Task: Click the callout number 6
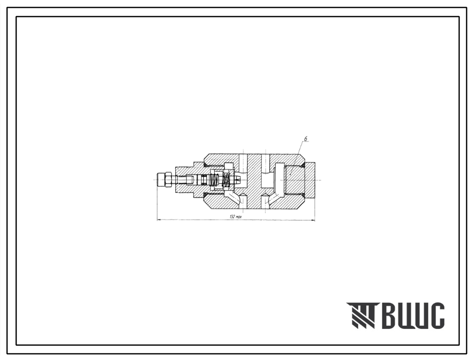click(x=305, y=139)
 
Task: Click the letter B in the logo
click(x=391, y=315)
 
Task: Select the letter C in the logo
click(x=436, y=315)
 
